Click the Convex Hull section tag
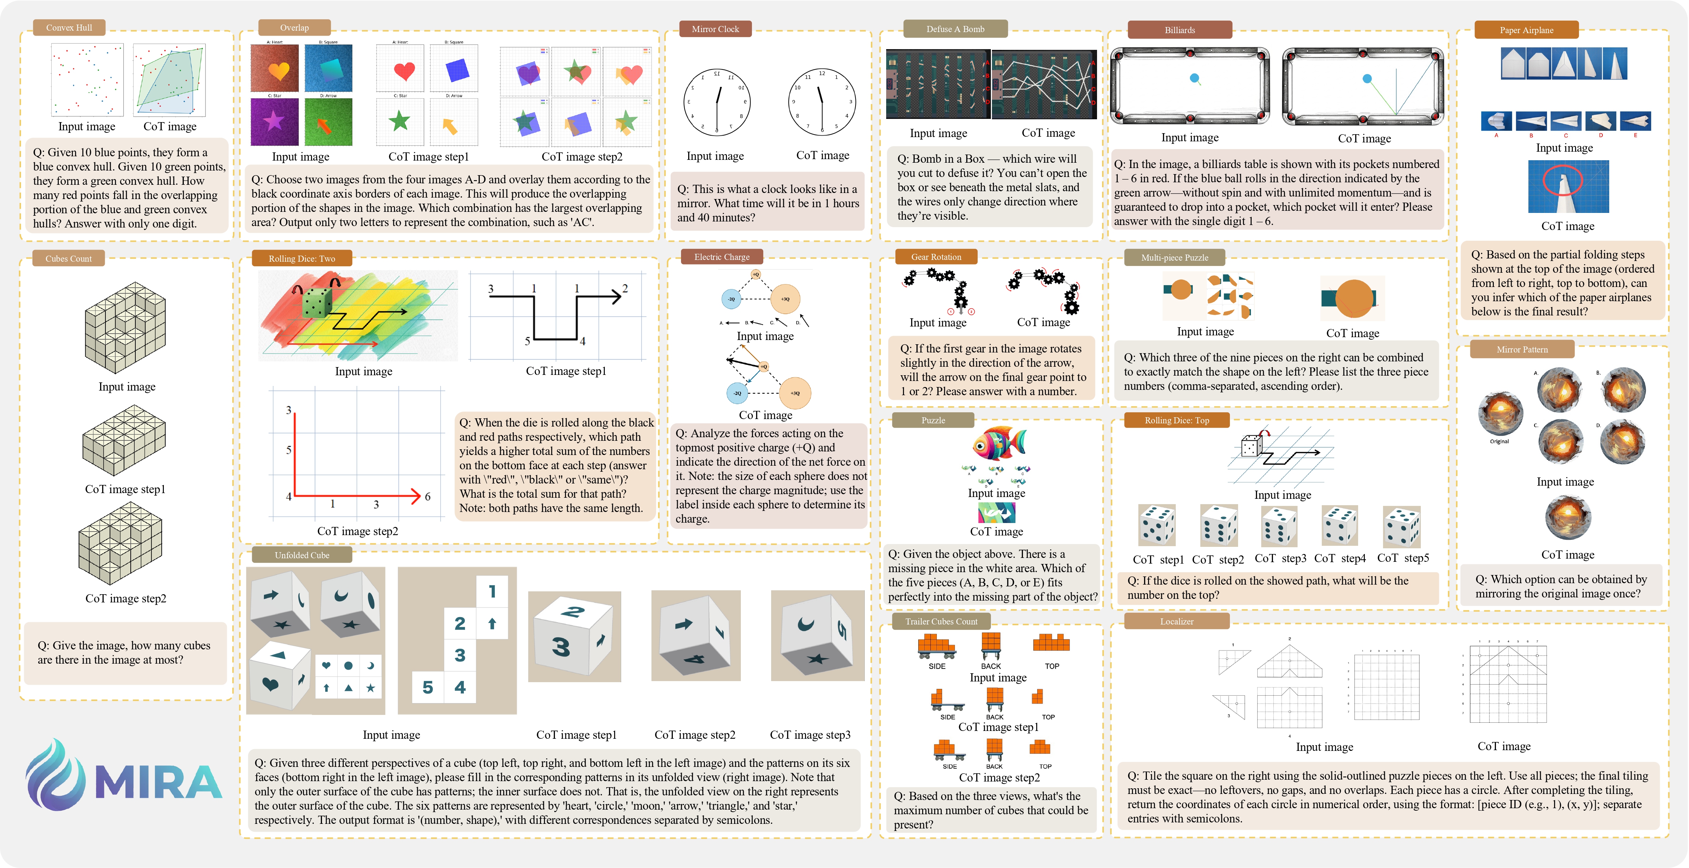(69, 27)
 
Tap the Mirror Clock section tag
(715, 29)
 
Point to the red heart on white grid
(404, 70)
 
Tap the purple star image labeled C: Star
(274, 121)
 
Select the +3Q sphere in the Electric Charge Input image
(785, 299)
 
